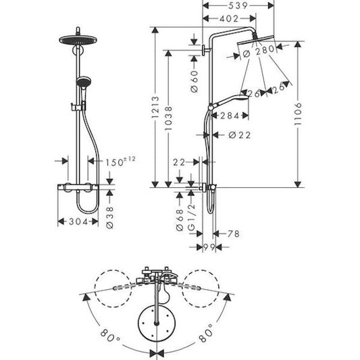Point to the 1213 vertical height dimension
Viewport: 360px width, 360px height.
tap(156, 107)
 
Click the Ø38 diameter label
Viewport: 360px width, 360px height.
tap(110, 216)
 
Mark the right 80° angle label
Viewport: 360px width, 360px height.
tap(207, 332)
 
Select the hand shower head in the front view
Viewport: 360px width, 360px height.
tap(82, 82)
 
